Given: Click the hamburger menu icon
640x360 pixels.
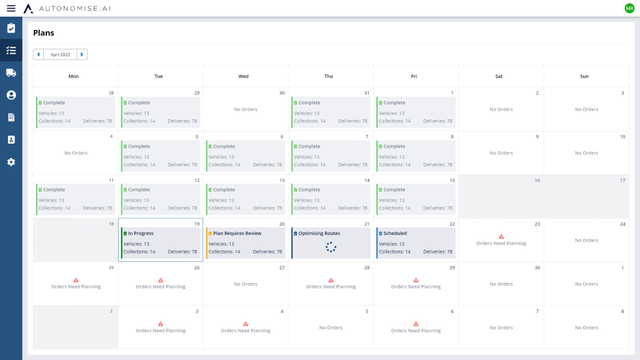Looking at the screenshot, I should click(x=11, y=8).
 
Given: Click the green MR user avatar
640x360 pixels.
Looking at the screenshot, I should click(x=629, y=8).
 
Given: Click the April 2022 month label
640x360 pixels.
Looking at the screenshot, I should click(x=60, y=54).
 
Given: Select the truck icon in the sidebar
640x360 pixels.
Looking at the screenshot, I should click(x=11, y=72).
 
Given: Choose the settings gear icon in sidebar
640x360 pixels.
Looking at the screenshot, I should click(x=11, y=162).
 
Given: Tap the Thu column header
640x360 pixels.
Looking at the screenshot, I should click(x=329, y=76).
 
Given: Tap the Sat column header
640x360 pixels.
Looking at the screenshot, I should click(x=499, y=76).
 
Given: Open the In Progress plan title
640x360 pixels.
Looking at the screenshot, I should click(x=141, y=233).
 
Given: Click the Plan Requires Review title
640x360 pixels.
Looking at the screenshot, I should click(x=237, y=233).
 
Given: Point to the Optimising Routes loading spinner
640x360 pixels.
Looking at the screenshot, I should click(x=331, y=247).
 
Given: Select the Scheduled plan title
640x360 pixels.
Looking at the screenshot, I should click(x=395, y=233).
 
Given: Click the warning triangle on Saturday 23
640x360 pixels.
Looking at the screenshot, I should click(x=501, y=236).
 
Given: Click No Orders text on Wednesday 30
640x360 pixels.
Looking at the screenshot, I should click(x=246, y=109).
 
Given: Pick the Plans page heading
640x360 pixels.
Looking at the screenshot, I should click(x=44, y=32).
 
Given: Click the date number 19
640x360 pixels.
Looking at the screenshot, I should click(x=196, y=224).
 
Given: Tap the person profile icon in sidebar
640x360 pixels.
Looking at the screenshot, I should click(x=11, y=95).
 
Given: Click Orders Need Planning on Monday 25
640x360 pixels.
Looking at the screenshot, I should click(x=76, y=287).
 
